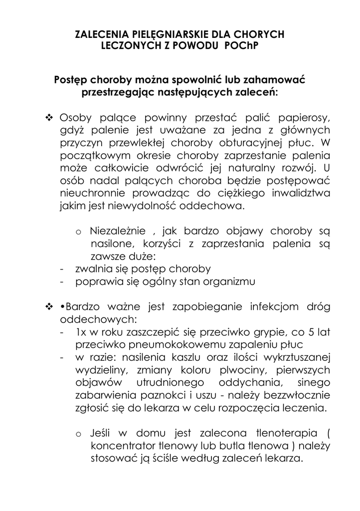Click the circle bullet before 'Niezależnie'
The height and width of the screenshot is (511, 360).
(78, 233)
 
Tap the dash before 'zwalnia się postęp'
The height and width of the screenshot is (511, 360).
(61, 268)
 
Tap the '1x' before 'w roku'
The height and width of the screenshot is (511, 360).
(81, 332)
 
